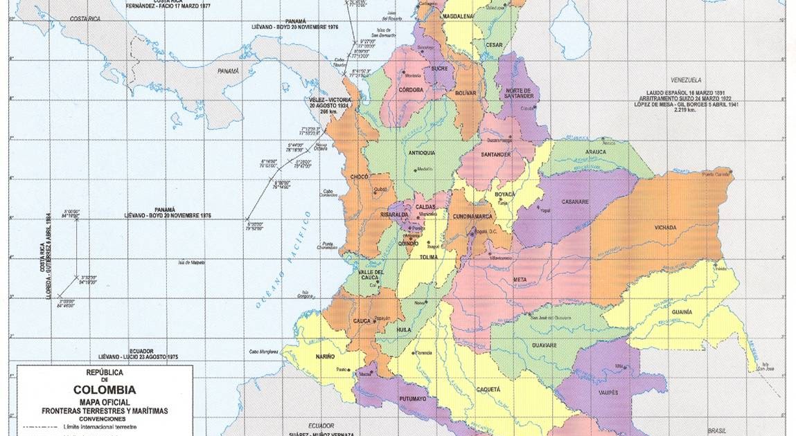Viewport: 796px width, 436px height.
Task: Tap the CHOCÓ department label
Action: (x=359, y=176)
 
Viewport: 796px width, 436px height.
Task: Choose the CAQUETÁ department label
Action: (x=488, y=390)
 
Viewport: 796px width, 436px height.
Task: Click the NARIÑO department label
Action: (x=325, y=356)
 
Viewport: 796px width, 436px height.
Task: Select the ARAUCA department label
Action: (x=594, y=152)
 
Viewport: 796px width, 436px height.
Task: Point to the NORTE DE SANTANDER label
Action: (x=519, y=93)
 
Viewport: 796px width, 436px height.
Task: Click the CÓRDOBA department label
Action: (x=412, y=89)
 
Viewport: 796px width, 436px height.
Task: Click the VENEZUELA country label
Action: (x=682, y=80)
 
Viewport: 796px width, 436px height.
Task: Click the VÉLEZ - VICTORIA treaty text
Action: (x=330, y=100)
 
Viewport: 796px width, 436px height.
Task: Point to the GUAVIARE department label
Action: (x=545, y=344)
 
